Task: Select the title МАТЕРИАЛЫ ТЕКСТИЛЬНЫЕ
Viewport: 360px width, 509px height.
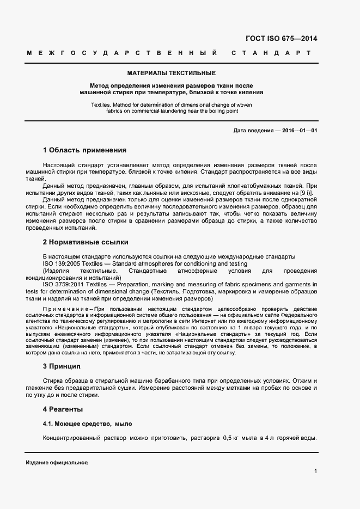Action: pos(171,72)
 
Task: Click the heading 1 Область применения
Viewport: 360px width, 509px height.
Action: pos(84,150)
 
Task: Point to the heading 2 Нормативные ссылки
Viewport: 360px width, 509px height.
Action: pos(86,242)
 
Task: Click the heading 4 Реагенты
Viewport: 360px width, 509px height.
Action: pos(63,409)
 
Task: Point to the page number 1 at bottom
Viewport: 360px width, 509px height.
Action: pos(315,471)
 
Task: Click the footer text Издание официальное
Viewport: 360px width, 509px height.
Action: pos(57,462)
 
